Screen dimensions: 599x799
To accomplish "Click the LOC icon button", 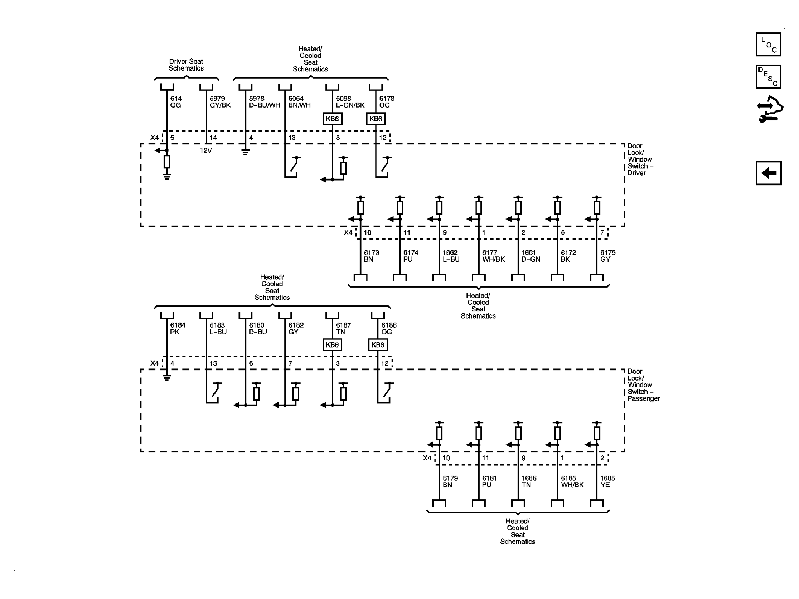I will coord(768,44).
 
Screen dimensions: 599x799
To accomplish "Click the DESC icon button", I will coord(768,77).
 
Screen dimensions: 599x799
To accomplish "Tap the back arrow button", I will coord(769,173).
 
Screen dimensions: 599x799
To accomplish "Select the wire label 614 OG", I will coord(176,102).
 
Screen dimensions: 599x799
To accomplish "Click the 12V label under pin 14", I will coord(206,150).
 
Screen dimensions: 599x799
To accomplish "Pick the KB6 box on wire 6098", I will coord(332,119).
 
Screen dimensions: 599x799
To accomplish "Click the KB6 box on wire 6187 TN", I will coord(332,345).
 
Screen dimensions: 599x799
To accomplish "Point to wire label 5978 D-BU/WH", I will coord(264,102).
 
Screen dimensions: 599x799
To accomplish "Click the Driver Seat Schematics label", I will coord(186,65).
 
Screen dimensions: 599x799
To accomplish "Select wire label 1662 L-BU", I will coord(451,256).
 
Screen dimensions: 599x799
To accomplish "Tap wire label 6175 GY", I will coord(608,256).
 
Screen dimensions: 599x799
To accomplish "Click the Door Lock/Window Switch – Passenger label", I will coord(643,385).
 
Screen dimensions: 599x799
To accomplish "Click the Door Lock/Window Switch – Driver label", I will coord(640,159).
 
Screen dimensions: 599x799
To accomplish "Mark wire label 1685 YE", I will coord(608,481).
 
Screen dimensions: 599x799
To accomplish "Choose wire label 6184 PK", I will coord(178,328).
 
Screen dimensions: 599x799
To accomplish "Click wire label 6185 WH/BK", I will coord(572,481).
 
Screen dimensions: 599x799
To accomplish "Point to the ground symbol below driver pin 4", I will coord(245,152).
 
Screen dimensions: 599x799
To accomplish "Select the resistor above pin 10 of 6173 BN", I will coord(360,208).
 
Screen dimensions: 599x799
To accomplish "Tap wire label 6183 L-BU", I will coord(218,328).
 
